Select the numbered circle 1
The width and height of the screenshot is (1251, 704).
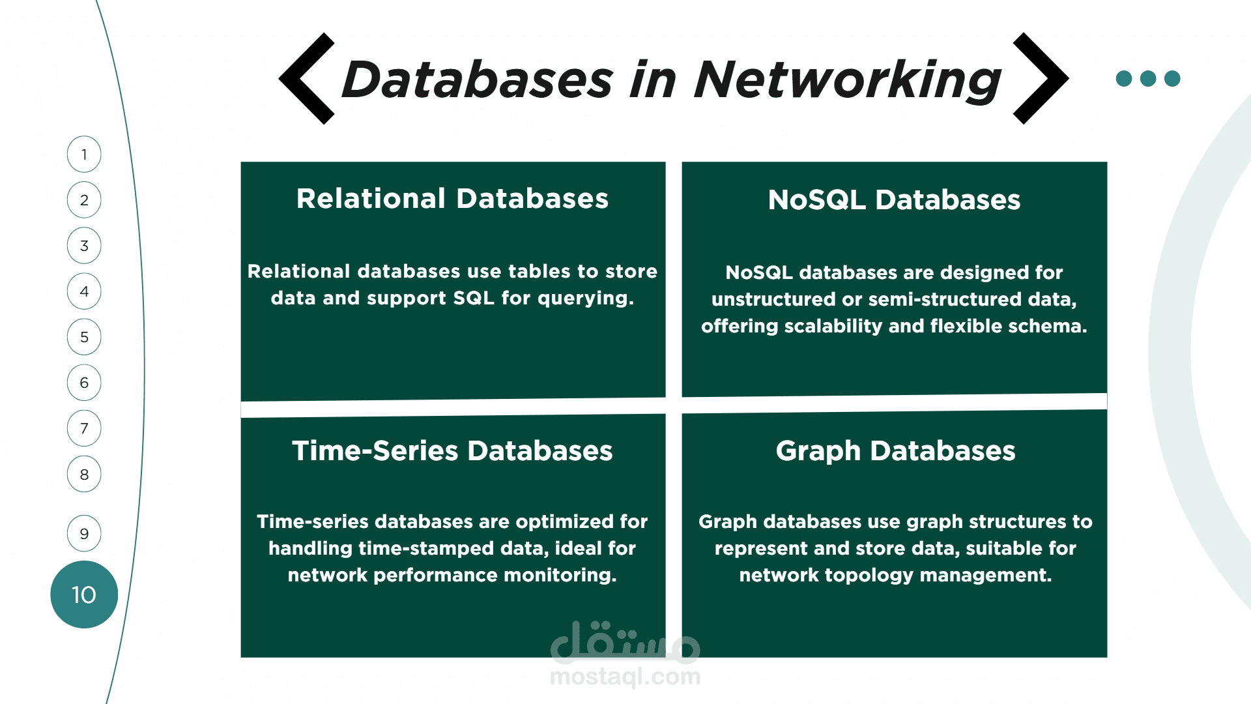coord(84,154)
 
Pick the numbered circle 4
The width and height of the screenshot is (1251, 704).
coord(84,291)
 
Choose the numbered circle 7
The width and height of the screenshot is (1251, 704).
coord(84,428)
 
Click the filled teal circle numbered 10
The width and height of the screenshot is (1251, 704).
coord(84,594)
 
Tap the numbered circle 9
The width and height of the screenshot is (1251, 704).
coord(84,533)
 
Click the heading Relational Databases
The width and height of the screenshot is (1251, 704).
coord(452,198)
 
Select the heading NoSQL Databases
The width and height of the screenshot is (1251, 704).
coord(894,199)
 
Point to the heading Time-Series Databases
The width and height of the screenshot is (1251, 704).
coord(452,450)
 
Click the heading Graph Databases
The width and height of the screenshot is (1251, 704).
coord(895,451)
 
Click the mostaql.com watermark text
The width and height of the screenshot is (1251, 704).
coord(625,677)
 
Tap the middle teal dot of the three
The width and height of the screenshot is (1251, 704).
coord(1148,78)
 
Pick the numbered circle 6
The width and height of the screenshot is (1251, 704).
coord(84,383)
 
